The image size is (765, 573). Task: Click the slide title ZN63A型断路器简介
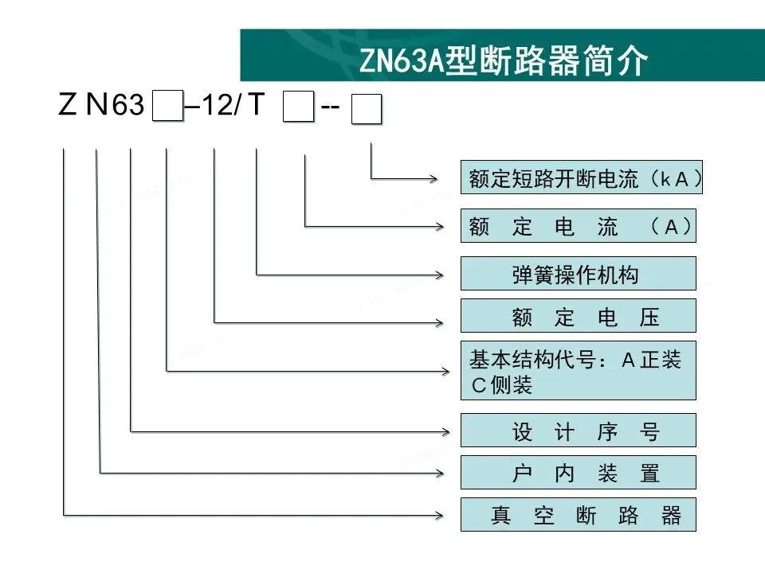tap(504, 61)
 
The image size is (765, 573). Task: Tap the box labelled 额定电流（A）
tap(579, 228)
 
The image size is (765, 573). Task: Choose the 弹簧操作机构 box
tap(579, 274)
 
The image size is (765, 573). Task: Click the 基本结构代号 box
tap(579, 371)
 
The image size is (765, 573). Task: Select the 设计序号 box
tap(579, 431)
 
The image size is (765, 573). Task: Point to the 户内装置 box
tap(579, 473)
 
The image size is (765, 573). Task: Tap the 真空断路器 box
tap(579, 515)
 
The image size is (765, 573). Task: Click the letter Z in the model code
tap(67, 106)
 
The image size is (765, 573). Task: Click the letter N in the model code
tap(96, 106)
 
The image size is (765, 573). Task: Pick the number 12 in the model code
tap(214, 107)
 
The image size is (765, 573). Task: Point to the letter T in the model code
tap(254, 105)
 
